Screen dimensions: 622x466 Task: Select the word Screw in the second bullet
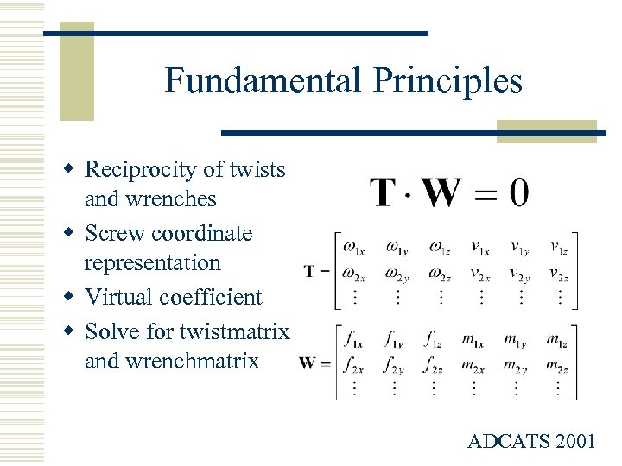[x=114, y=234]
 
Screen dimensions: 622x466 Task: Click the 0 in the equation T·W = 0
[x=518, y=192]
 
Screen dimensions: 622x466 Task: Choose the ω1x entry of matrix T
[x=352, y=249]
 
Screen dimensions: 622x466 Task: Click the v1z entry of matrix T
[x=557, y=249]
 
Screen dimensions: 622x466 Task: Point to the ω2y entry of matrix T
[x=397, y=274]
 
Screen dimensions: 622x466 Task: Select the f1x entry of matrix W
[x=352, y=339]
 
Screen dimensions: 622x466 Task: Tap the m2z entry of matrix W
[x=557, y=364]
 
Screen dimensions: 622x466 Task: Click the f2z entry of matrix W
[x=434, y=364]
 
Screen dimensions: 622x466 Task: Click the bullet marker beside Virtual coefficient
[x=74, y=297]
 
